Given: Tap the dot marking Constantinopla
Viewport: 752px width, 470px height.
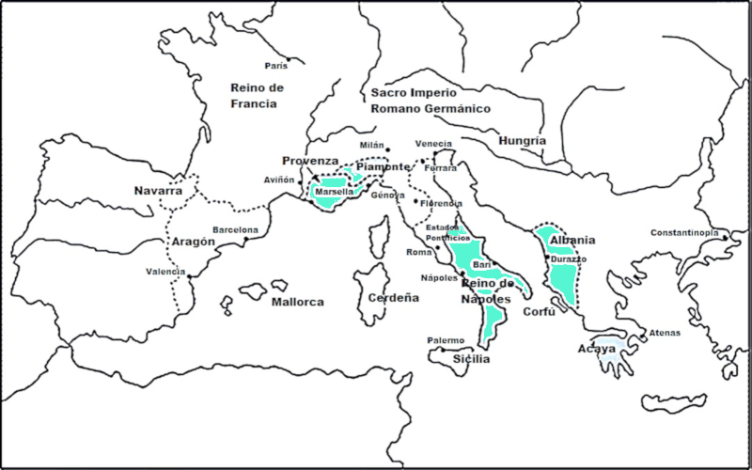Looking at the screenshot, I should (726, 238).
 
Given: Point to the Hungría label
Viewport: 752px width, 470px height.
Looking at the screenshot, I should (523, 140).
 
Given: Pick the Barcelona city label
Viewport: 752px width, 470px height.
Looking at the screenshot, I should (235, 229).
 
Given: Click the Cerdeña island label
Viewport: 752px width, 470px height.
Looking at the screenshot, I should (393, 298).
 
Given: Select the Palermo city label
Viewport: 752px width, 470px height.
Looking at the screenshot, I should (446, 340).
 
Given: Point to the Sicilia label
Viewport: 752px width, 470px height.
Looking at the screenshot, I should (471, 359).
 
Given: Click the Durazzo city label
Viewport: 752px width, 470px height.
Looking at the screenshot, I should (569, 258).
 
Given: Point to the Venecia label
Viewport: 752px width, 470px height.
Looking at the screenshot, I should (433, 144).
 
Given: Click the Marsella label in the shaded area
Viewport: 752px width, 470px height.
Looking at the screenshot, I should (334, 192).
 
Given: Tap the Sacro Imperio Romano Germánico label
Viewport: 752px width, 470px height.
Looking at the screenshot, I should (430, 101).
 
